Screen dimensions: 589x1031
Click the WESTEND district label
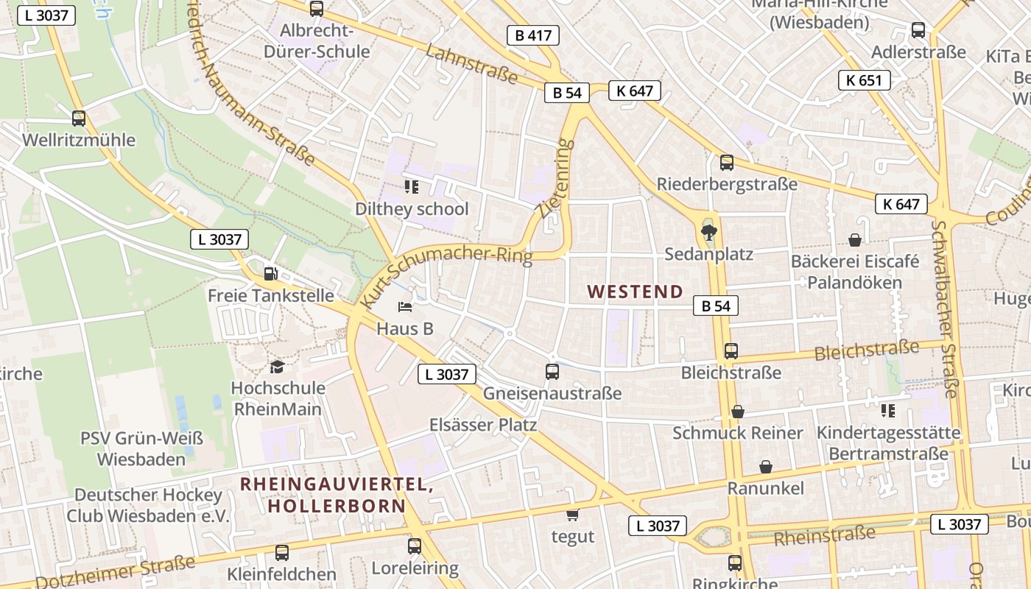[x=636, y=292]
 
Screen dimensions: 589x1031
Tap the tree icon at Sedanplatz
[x=708, y=233]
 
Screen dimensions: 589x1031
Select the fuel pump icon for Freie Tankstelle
[x=271, y=274]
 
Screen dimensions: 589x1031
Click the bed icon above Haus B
[x=404, y=306]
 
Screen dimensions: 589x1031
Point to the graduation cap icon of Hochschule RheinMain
[x=277, y=367]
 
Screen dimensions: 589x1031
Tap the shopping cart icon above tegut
[x=572, y=515]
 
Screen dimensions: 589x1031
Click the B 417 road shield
[x=533, y=35]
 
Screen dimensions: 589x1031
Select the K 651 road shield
[x=864, y=80]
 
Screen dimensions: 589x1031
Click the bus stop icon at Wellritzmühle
[x=79, y=118]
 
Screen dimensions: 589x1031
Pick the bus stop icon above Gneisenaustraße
[x=552, y=372]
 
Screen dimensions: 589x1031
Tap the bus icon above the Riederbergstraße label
[x=727, y=163]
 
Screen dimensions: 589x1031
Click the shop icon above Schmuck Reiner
[x=738, y=412]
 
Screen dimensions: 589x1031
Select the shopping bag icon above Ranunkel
[x=766, y=467]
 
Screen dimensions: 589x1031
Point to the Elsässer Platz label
[x=483, y=425]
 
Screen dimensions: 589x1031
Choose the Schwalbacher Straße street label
[x=945, y=309]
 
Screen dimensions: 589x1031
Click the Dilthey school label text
[x=412, y=209]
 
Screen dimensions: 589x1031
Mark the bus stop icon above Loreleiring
[x=415, y=546]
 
